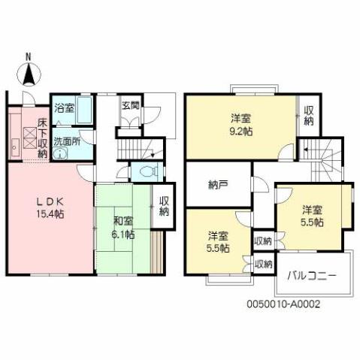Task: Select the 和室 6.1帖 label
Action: tap(123, 228)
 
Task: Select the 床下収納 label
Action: tap(42, 134)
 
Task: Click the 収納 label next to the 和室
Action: tap(163, 207)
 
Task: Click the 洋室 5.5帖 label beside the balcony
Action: tap(313, 215)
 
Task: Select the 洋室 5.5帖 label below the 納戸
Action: tap(219, 242)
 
